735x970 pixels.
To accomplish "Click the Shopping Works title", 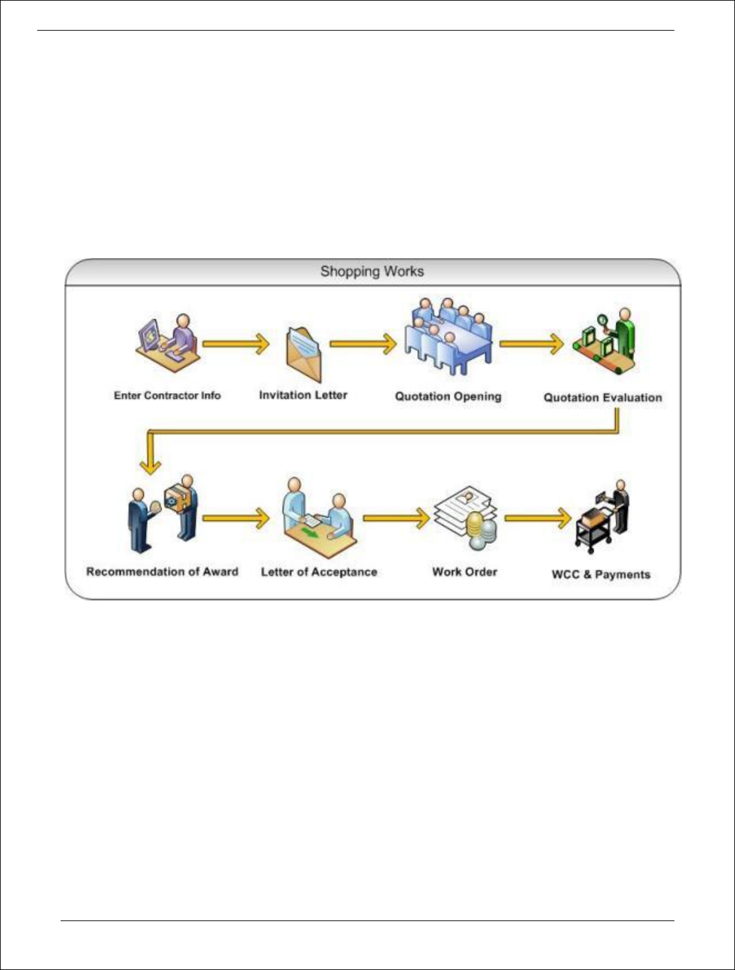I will pyautogui.click(x=372, y=272).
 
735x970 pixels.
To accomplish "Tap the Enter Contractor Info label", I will pyautogui.click(x=167, y=396).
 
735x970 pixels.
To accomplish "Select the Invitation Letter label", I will pyautogui.click(x=303, y=395).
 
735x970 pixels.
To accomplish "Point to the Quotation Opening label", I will pyautogui.click(x=448, y=396).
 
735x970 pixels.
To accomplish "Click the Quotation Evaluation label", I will pyautogui.click(x=603, y=398).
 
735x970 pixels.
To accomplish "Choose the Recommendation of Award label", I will pyautogui.click(x=162, y=572).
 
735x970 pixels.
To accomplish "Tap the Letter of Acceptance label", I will pyautogui.click(x=319, y=572).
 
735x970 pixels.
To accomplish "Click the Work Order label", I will pyautogui.click(x=465, y=572).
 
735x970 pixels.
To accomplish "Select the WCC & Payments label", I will pyautogui.click(x=601, y=574).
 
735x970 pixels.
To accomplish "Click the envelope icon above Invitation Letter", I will pyautogui.click(x=304, y=353).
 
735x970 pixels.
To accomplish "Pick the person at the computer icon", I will pyautogui.click(x=169, y=343).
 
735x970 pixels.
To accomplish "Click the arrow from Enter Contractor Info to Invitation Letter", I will pyautogui.click(x=236, y=344).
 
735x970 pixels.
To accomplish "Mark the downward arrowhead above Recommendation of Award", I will pyautogui.click(x=151, y=465).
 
